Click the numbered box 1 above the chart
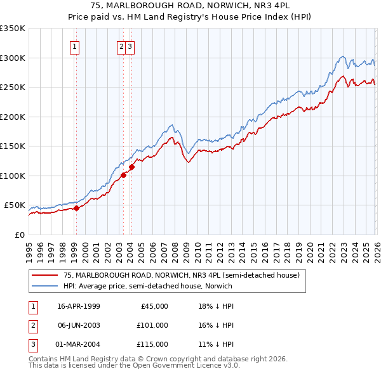[76, 46]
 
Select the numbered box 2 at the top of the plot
[121, 46]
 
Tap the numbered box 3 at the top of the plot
[130, 46]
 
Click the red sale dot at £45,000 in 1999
[76, 208]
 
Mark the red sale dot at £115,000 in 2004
[131, 167]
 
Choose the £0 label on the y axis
[20, 235]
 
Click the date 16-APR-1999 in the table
[78, 306]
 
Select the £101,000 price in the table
[152, 325]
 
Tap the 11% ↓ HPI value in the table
[216, 344]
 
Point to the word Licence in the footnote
[204, 366]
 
